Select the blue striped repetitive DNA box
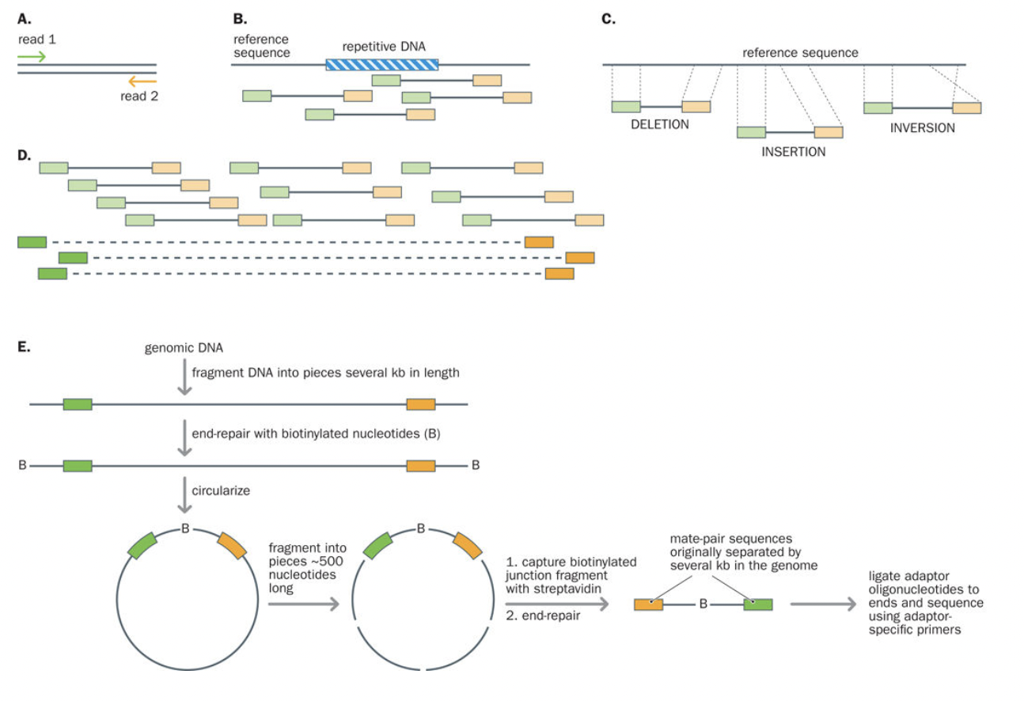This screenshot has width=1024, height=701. (382, 63)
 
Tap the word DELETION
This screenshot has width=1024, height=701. (661, 125)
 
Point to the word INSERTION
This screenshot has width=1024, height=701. (793, 152)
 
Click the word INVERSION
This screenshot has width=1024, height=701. (922, 127)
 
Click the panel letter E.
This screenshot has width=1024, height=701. (24, 347)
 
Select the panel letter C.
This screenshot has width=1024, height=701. (609, 19)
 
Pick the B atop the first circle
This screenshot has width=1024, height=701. (185, 529)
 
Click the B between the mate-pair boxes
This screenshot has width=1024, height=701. (702, 605)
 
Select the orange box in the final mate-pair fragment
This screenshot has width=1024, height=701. (648, 605)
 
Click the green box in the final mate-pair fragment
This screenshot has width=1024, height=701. (757, 605)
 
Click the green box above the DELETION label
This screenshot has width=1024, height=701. (626, 107)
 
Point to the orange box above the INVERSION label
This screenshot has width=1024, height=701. (966, 108)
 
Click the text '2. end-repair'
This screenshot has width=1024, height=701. (540, 615)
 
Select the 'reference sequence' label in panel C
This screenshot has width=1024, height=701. (800, 53)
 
